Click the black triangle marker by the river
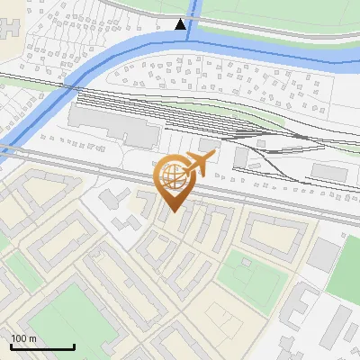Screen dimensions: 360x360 tap(181, 24)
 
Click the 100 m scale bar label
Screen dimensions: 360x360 tap(23, 338)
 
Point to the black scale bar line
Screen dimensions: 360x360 tap(42, 346)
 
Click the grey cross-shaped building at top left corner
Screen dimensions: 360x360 tap(7, 22)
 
